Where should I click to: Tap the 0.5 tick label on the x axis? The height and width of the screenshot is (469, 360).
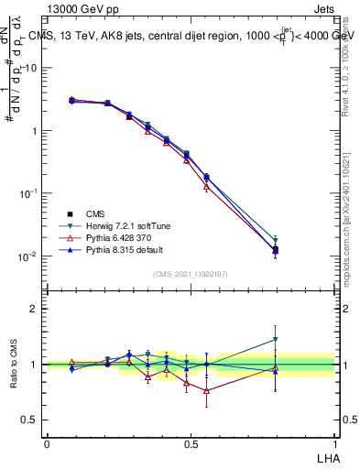click(x=191, y=443)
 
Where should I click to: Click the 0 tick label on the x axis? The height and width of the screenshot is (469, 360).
click(x=47, y=443)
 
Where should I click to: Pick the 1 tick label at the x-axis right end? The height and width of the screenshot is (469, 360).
click(x=334, y=443)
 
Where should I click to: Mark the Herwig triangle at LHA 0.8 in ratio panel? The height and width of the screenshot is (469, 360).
click(x=275, y=340)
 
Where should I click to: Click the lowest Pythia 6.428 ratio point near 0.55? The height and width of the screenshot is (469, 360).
click(x=207, y=390)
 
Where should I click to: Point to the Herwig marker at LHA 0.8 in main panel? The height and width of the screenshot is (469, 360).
click(x=275, y=240)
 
